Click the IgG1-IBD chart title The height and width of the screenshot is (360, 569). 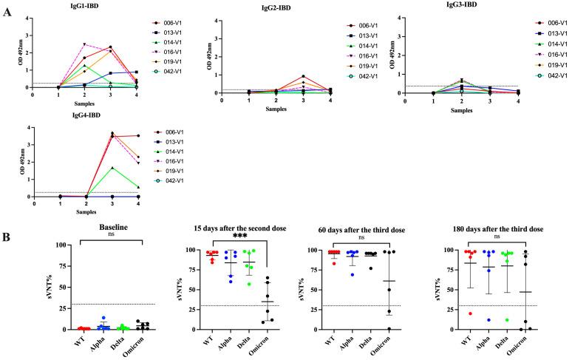point(81,7)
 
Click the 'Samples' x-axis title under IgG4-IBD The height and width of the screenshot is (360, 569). point(86,211)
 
